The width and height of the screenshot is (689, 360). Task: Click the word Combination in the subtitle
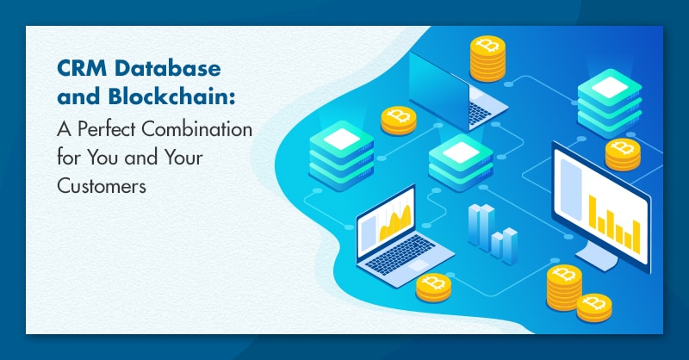tap(197, 129)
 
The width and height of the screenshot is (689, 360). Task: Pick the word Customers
tap(102, 186)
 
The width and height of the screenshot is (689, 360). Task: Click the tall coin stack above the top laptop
tap(487, 59)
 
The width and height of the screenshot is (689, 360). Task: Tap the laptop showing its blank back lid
tap(457, 91)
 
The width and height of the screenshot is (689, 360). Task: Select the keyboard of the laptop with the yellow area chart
tap(400, 254)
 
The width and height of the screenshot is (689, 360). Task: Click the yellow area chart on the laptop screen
tap(395, 222)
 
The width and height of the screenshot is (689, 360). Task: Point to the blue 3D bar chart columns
tap(492, 234)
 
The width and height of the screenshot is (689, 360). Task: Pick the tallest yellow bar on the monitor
tap(593, 213)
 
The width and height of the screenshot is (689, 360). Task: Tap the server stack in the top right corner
tap(610, 102)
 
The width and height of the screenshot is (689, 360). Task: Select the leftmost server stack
tap(341, 156)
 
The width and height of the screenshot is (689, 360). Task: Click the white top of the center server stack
tap(461, 152)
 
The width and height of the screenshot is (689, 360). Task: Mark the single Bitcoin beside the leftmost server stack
tap(399, 120)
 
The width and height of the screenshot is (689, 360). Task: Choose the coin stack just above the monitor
tap(623, 154)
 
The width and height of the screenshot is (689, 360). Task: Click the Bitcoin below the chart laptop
tap(433, 288)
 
